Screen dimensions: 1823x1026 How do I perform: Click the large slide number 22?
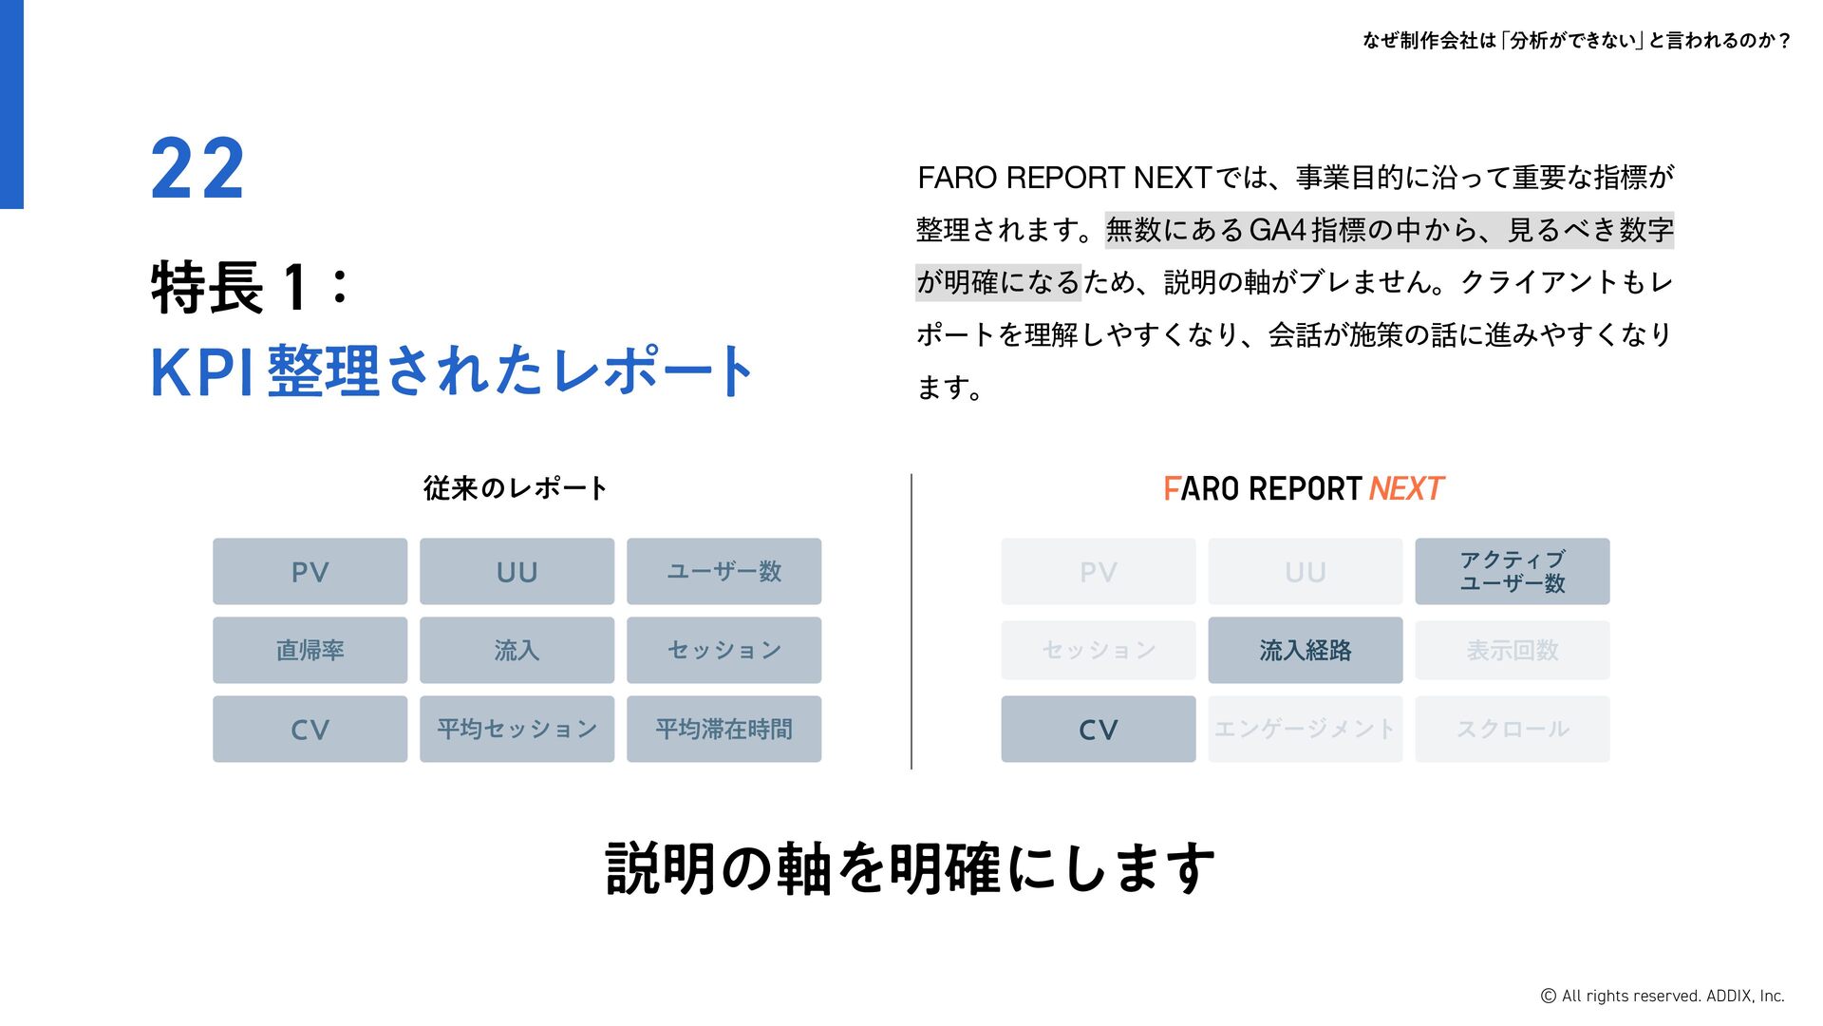pos(197,168)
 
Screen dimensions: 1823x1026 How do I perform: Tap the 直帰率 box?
pos(310,651)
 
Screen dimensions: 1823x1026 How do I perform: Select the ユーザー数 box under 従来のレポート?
pos(724,572)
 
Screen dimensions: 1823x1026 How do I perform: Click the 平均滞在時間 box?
pos(724,730)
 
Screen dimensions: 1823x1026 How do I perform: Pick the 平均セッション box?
pos(517,730)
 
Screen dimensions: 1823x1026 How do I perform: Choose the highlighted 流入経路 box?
pos(1305,651)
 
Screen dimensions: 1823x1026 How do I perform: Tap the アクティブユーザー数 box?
pos(1512,572)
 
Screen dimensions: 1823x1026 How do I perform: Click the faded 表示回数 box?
pos(1512,651)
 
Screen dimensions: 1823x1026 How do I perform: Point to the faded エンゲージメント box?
pos(1305,730)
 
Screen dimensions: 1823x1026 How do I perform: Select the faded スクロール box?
pos(1512,730)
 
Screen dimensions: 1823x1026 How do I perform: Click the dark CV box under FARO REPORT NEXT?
pos(1098,730)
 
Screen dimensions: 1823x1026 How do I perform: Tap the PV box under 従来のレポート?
pos(310,572)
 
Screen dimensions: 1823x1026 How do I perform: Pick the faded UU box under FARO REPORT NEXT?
pos(1305,572)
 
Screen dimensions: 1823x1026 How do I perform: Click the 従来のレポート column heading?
pos(515,488)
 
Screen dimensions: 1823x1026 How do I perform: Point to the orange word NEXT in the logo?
pos(1405,488)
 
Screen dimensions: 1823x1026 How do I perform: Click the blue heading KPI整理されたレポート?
pos(452,370)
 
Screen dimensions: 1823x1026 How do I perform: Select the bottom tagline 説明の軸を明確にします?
pos(910,868)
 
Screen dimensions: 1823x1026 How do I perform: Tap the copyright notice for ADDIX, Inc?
pos(1662,996)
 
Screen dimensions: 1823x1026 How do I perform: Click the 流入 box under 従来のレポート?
pos(517,651)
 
